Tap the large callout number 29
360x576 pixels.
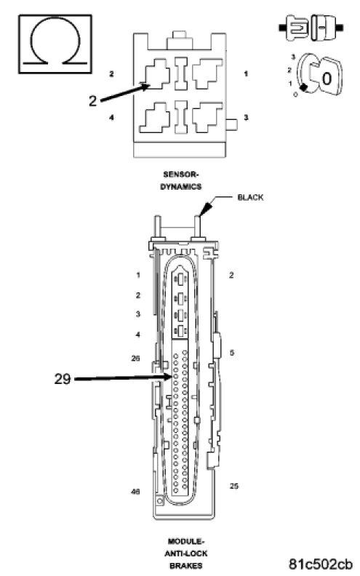tap(63, 379)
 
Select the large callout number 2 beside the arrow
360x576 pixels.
tap(92, 100)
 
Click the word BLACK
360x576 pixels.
tap(250, 197)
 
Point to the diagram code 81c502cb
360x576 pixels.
tap(320, 564)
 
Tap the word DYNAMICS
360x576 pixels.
tap(181, 187)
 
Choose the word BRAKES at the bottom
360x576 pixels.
tap(186, 565)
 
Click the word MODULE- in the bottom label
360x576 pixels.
tap(186, 541)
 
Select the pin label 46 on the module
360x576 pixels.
tap(135, 491)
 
